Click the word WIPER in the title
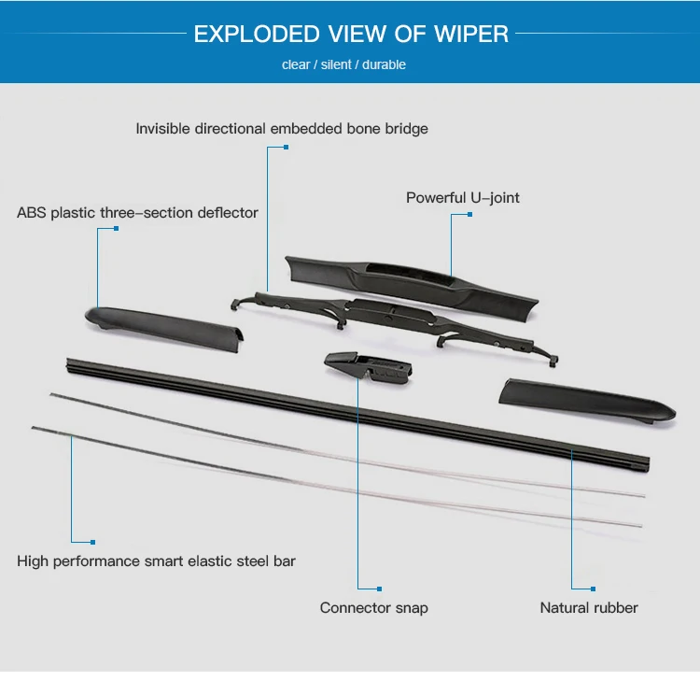(471, 35)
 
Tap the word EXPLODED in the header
(247, 35)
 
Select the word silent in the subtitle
(335, 64)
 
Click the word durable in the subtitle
(384, 64)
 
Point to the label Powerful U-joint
(463, 198)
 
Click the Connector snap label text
(373, 608)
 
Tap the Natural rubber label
(589, 608)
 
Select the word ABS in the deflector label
(31, 213)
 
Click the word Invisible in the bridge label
(164, 129)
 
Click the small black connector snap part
(368, 367)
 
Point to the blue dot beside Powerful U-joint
(470, 214)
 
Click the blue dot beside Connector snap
(379, 589)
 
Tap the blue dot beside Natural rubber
(593, 589)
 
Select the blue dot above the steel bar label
(92, 541)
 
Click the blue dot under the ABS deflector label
(116, 229)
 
